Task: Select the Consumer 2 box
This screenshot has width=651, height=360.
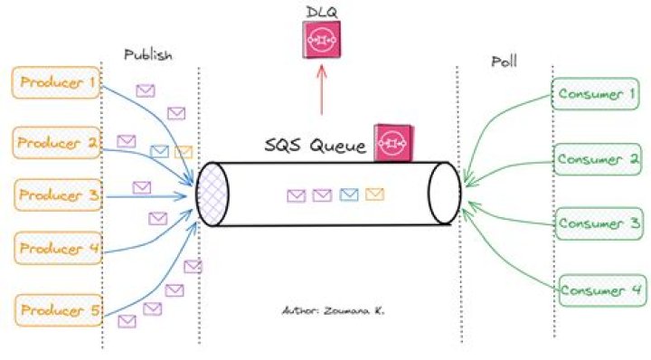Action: point(598,159)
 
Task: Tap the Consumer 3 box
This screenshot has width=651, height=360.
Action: point(598,223)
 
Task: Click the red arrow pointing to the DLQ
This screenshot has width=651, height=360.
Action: point(320,90)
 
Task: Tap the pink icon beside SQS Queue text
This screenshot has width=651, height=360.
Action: point(392,142)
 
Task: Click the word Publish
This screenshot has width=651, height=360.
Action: point(147,55)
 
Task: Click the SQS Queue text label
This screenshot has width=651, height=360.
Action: point(315,146)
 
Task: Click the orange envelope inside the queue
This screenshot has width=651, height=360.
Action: point(375,194)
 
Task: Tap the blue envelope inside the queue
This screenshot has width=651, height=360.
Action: point(349,194)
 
